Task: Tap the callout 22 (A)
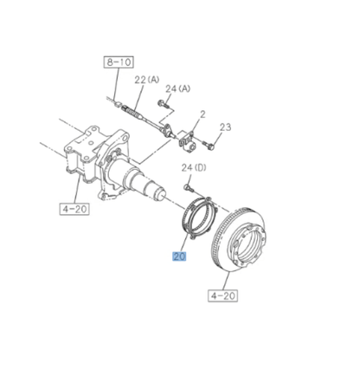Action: pyautogui.click(x=146, y=81)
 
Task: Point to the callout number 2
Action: pyautogui.click(x=202, y=114)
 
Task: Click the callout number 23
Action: pyautogui.click(x=225, y=128)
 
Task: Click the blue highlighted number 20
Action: pyautogui.click(x=179, y=256)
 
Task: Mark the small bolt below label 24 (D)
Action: pyautogui.click(x=189, y=185)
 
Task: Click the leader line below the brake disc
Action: pyautogui.click(x=226, y=279)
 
